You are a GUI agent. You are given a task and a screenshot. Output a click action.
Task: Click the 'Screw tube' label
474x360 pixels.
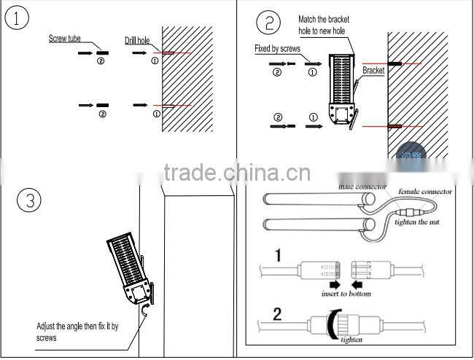65,38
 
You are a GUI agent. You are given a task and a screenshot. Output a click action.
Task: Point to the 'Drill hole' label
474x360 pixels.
137,42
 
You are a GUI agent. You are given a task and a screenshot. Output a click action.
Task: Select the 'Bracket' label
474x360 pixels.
373,71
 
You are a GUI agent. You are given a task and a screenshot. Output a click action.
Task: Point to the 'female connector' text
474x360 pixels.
425,192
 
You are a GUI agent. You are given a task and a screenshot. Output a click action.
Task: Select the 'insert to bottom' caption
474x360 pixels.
346,294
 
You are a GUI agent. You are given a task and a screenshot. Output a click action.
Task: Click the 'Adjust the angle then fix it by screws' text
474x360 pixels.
77,332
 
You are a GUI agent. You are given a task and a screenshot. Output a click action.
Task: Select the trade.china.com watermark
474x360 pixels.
237,173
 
